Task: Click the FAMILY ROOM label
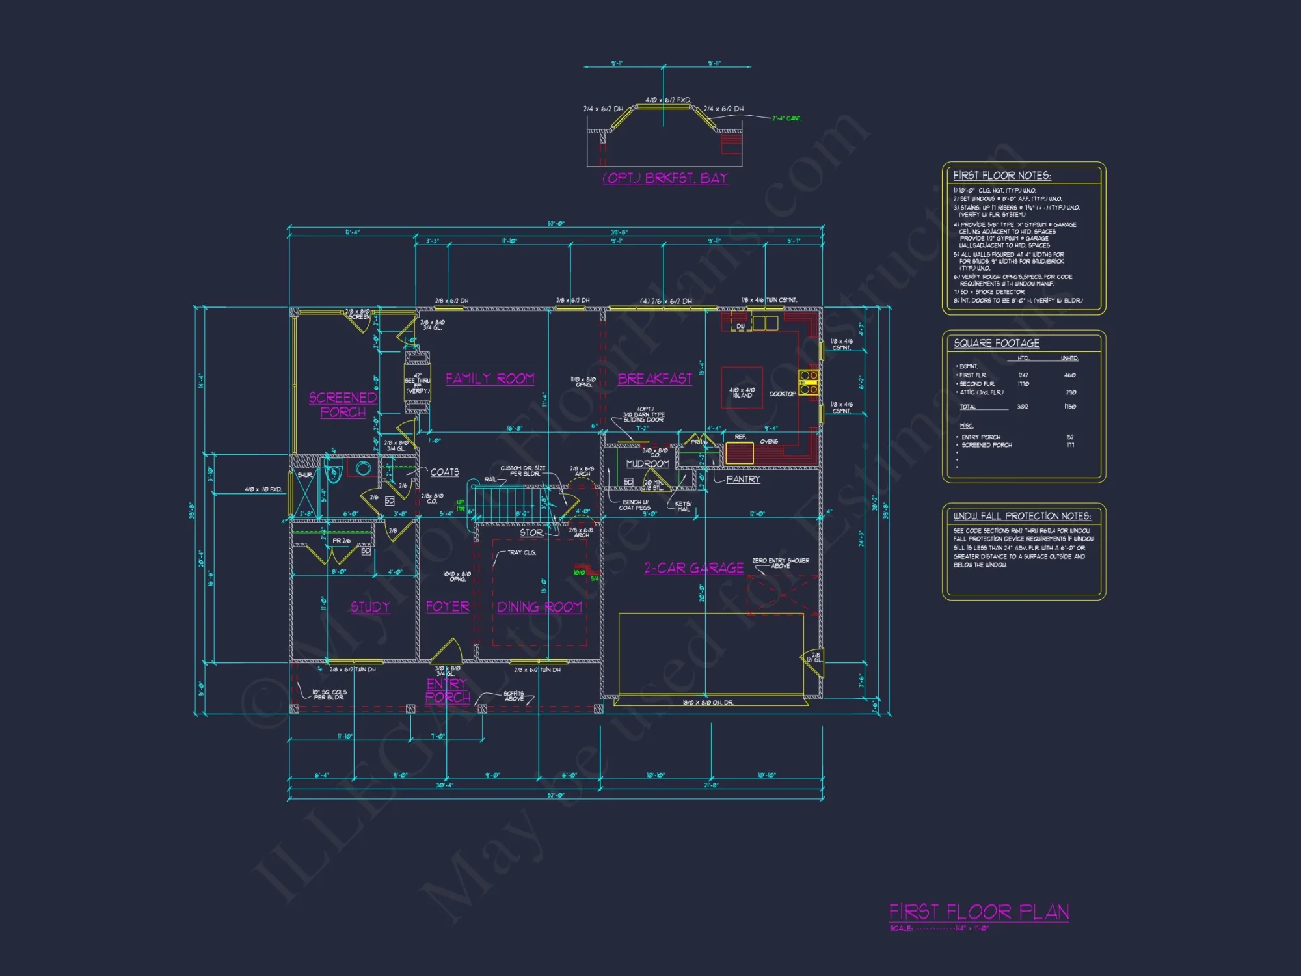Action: [490, 379]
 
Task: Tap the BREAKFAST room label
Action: [654, 379]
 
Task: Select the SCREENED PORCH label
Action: [343, 405]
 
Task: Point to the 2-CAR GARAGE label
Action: [693, 568]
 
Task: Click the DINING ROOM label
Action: [539, 607]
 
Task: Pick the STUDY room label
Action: [370, 607]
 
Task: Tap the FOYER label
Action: [448, 606]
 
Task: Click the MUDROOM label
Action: [647, 464]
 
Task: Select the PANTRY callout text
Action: [743, 479]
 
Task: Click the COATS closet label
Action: [445, 472]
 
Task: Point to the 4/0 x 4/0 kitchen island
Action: [742, 388]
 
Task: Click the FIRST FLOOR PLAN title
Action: [979, 912]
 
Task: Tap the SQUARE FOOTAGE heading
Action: [997, 343]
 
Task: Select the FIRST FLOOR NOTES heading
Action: [1002, 176]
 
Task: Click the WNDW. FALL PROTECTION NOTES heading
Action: [1022, 516]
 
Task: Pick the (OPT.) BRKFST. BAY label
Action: [665, 178]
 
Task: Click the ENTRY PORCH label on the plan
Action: [448, 690]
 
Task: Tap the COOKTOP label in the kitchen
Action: [782, 394]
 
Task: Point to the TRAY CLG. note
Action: [522, 552]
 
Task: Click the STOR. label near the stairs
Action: [531, 533]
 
